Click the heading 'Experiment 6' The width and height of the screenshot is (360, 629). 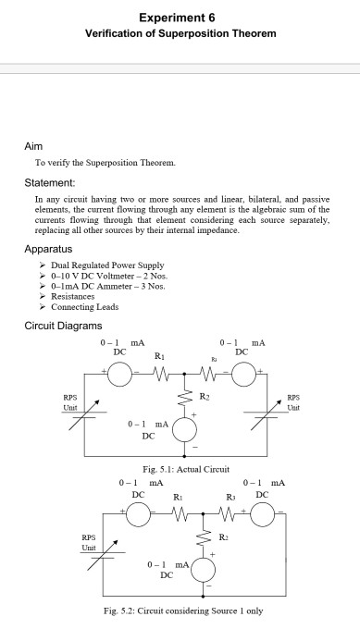pyautogui.click(x=180, y=18)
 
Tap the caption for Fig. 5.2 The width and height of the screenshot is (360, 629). pyautogui.click(x=181, y=610)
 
